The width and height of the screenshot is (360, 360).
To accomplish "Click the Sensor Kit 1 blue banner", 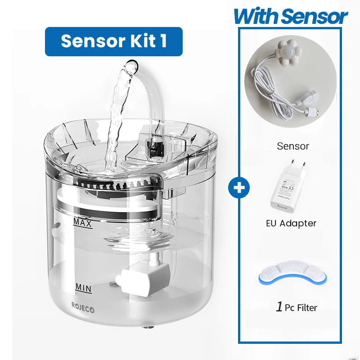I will tap(113, 41).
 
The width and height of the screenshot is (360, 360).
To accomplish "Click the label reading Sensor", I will tap(293, 146).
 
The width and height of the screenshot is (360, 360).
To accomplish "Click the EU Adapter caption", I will tap(291, 223).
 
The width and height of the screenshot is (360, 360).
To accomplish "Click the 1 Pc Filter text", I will tap(296, 308).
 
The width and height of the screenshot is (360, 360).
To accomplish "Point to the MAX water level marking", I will tap(83, 223).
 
